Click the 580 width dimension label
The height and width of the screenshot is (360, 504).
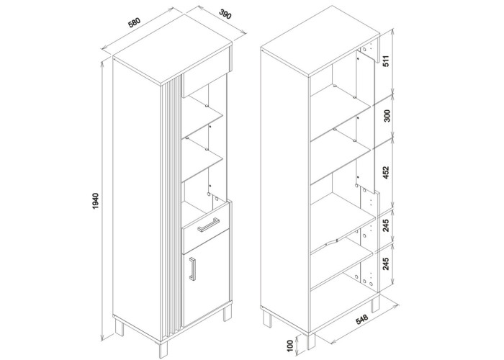pos(135,23)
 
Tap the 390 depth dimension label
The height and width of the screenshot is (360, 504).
pos(225,14)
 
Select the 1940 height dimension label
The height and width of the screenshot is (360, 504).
pos(96,202)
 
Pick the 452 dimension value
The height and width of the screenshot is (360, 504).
pos(386,172)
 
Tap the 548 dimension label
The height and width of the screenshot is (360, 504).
pos(361,319)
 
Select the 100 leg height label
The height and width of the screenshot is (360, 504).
pos(291,346)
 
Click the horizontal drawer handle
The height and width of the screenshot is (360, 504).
pos(208,224)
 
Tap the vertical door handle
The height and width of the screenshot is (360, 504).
pos(192,269)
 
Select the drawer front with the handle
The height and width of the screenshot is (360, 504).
pos(206,228)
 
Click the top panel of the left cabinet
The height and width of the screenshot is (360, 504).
pos(172,63)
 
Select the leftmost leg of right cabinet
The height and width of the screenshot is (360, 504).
pos(267,319)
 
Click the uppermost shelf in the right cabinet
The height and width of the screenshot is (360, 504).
pos(341,99)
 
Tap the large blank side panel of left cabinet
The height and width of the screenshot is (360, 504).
pos(137,199)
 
